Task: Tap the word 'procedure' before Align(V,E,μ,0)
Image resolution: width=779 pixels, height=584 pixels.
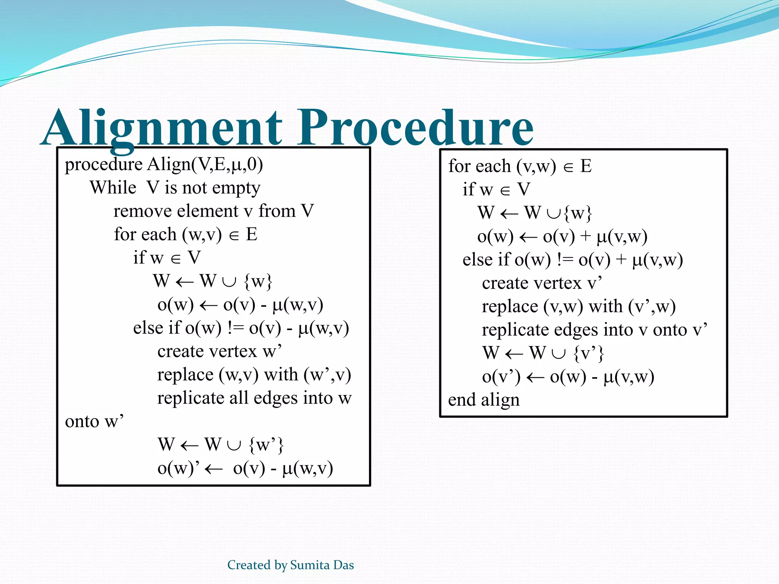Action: pyautogui.click(x=103, y=165)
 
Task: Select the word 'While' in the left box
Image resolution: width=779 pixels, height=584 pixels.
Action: pyautogui.click(x=113, y=188)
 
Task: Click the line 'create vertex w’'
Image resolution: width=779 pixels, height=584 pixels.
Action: pyautogui.click(x=219, y=351)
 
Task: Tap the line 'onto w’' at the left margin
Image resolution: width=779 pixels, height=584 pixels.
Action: pyautogui.click(x=94, y=422)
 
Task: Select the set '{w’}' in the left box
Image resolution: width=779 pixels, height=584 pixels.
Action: pyautogui.click(x=266, y=444)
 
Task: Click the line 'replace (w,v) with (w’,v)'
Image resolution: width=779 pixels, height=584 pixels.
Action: pyautogui.click(x=254, y=375)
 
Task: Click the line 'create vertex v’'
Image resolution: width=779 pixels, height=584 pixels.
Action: pyautogui.click(x=542, y=283)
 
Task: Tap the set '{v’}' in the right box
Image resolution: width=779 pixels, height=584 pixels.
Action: pyautogui.click(x=588, y=353)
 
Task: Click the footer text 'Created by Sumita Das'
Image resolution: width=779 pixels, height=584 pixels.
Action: pyautogui.click(x=291, y=565)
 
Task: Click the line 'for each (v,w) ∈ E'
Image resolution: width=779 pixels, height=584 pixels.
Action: pyautogui.click(x=520, y=167)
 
